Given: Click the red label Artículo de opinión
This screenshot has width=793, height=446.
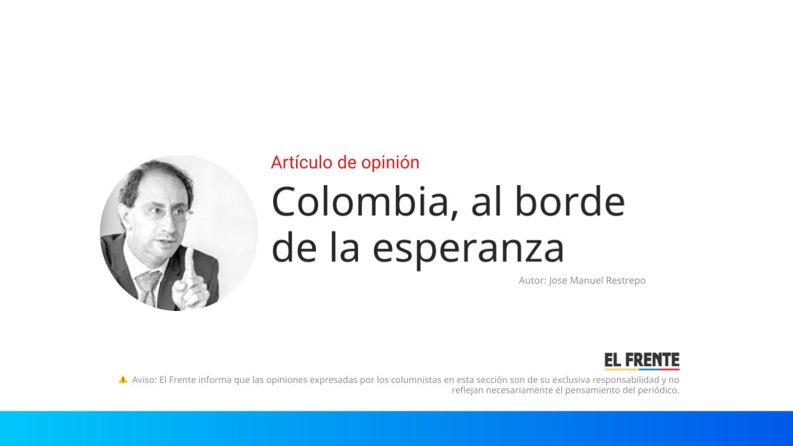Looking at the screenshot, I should (x=345, y=162).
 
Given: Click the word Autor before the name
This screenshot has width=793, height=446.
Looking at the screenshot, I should (x=532, y=281).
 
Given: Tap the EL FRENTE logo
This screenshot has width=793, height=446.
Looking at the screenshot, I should (x=642, y=361).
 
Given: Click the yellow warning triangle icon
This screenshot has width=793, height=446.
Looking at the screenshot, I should (x=123, y=379).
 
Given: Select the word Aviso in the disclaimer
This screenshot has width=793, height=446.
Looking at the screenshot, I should (x=144, y=380).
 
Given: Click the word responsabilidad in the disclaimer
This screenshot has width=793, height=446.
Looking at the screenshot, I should (x=626, y=380).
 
